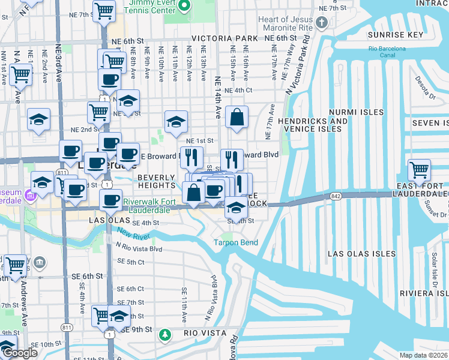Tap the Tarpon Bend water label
coord(237,242)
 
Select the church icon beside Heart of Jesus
coord(322,23)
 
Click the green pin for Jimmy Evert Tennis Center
coord(185,7)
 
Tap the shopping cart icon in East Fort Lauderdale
coord(419,169)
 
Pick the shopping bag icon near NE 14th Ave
coord(237,117)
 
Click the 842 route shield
coord(335,196)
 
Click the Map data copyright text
coord(423,355)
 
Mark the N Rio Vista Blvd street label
coord(139,248)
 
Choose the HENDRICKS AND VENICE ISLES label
coord(313,125)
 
